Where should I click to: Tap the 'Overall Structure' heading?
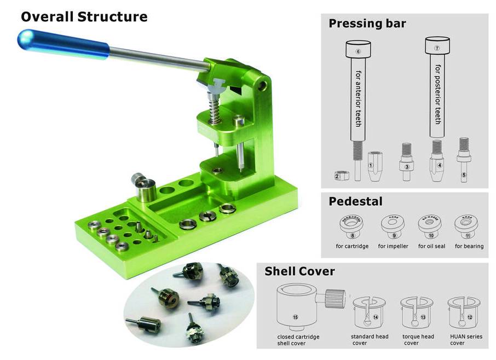point(84,17)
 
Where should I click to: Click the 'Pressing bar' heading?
point(367,24)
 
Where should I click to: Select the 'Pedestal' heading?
point(355,201)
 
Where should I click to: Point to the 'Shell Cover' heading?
point(299,271)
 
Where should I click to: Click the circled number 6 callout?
point(358,52)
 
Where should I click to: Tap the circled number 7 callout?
point(437,48)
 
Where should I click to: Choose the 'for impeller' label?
point(393,246)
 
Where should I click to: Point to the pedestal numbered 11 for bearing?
point(467,224)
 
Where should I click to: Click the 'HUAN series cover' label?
point(466,340)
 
